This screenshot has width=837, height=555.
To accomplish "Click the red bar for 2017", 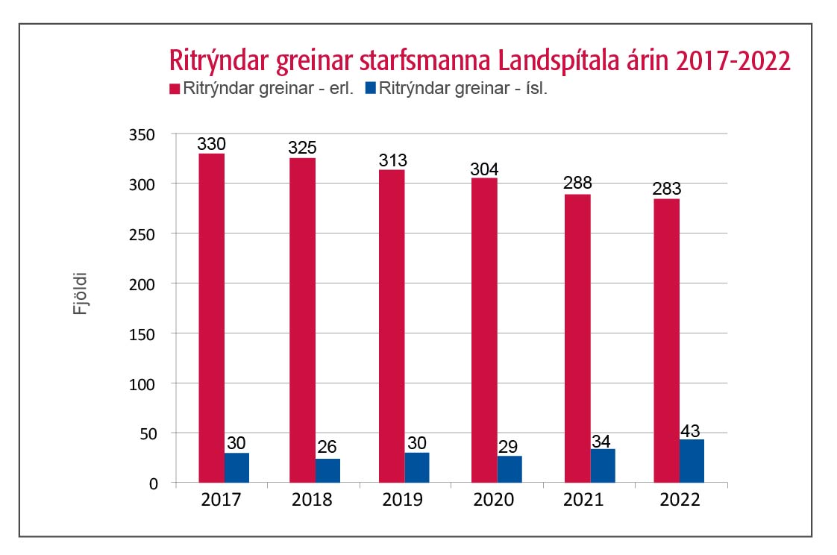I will point(211,318).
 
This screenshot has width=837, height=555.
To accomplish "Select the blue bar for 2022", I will point(692,461).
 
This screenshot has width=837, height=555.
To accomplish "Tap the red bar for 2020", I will point(484,330).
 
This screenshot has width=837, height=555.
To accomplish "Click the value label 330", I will point(211,144).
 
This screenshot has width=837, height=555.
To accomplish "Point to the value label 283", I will point(666,189).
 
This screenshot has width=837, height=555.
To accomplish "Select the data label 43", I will point(692,430).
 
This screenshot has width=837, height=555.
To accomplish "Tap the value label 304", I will point(484,169).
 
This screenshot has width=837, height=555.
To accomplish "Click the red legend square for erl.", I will point(176,88).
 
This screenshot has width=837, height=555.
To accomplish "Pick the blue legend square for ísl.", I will point(370,88).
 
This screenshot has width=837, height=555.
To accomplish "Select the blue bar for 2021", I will point(603,465).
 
